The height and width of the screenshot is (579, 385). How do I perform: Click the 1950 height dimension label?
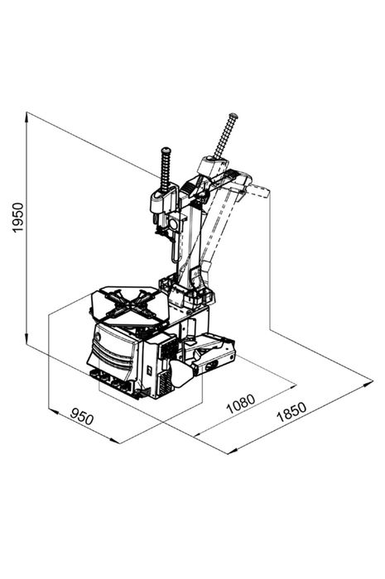[17, 218]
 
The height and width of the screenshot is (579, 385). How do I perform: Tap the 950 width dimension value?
[82, 417]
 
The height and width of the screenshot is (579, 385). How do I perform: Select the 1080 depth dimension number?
[241, 404]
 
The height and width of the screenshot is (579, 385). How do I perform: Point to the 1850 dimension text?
[291, 412]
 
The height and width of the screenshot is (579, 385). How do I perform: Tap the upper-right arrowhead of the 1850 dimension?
[368, 383]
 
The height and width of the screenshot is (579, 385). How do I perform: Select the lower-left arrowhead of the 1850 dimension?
[232, 451]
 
